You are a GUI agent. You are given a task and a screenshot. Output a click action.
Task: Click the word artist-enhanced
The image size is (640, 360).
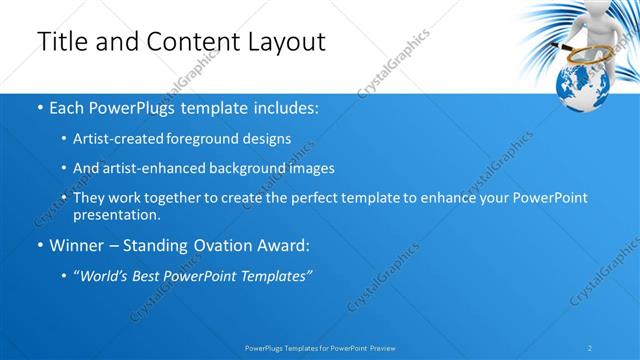155,168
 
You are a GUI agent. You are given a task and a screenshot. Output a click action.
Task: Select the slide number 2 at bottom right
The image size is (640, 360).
590,348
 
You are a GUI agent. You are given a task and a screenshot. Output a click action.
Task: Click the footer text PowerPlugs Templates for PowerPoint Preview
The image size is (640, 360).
319,348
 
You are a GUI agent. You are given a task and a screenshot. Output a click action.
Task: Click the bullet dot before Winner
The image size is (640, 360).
39,246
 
